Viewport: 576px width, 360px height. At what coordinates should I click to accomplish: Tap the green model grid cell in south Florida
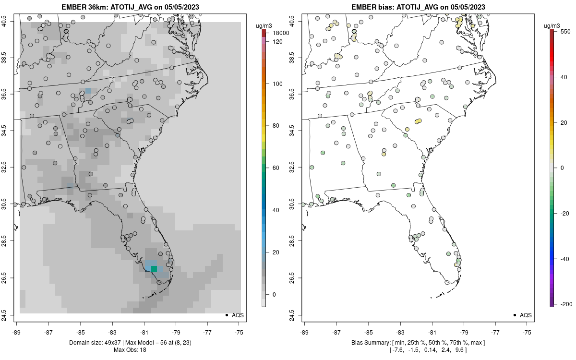point(154,269)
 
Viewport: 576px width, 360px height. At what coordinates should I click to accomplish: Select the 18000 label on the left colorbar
point(281,33)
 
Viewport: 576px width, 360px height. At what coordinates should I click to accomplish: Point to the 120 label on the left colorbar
point(277,42)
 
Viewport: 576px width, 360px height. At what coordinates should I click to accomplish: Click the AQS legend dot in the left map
point(226,315)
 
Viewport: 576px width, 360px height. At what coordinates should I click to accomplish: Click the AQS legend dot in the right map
point(514,315)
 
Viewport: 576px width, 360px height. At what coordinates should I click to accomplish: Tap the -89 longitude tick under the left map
point(17,332)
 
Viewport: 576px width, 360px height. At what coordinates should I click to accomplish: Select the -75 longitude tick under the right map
point(528,332)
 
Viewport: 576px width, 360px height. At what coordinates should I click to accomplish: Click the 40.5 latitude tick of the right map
point(297,21)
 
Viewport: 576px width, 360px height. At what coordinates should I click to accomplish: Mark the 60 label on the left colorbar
point(275,168)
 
